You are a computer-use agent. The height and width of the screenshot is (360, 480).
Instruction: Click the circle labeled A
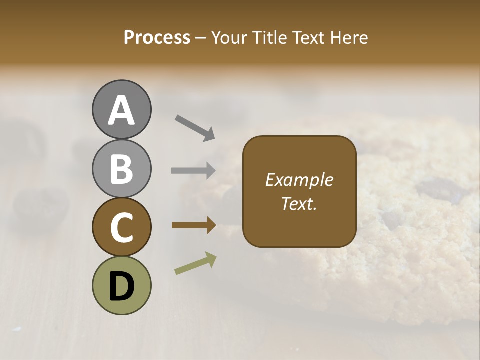point(121,109)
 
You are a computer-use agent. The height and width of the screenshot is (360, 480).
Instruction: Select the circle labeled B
point(121,168)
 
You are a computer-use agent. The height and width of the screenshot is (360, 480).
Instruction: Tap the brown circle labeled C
point(121,227)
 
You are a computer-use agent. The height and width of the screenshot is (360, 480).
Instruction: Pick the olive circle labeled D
point(121,286)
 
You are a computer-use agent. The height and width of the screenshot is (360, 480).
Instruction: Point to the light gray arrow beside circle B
point(193,171)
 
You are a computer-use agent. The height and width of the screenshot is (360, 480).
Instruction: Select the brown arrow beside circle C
point(193,225)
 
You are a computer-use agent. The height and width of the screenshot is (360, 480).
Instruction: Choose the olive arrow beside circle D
point(195,263)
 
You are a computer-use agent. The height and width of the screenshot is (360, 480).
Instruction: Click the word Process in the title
point(157,38)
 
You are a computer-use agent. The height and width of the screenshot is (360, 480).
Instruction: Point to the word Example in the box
point(299,180)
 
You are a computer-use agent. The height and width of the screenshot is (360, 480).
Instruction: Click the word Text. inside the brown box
point(299,204)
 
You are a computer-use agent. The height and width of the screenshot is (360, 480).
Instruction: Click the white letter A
point(121,110)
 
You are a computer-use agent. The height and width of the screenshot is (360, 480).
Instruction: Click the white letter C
point(121,228)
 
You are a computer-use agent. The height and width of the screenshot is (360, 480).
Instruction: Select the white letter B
point(121,169)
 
